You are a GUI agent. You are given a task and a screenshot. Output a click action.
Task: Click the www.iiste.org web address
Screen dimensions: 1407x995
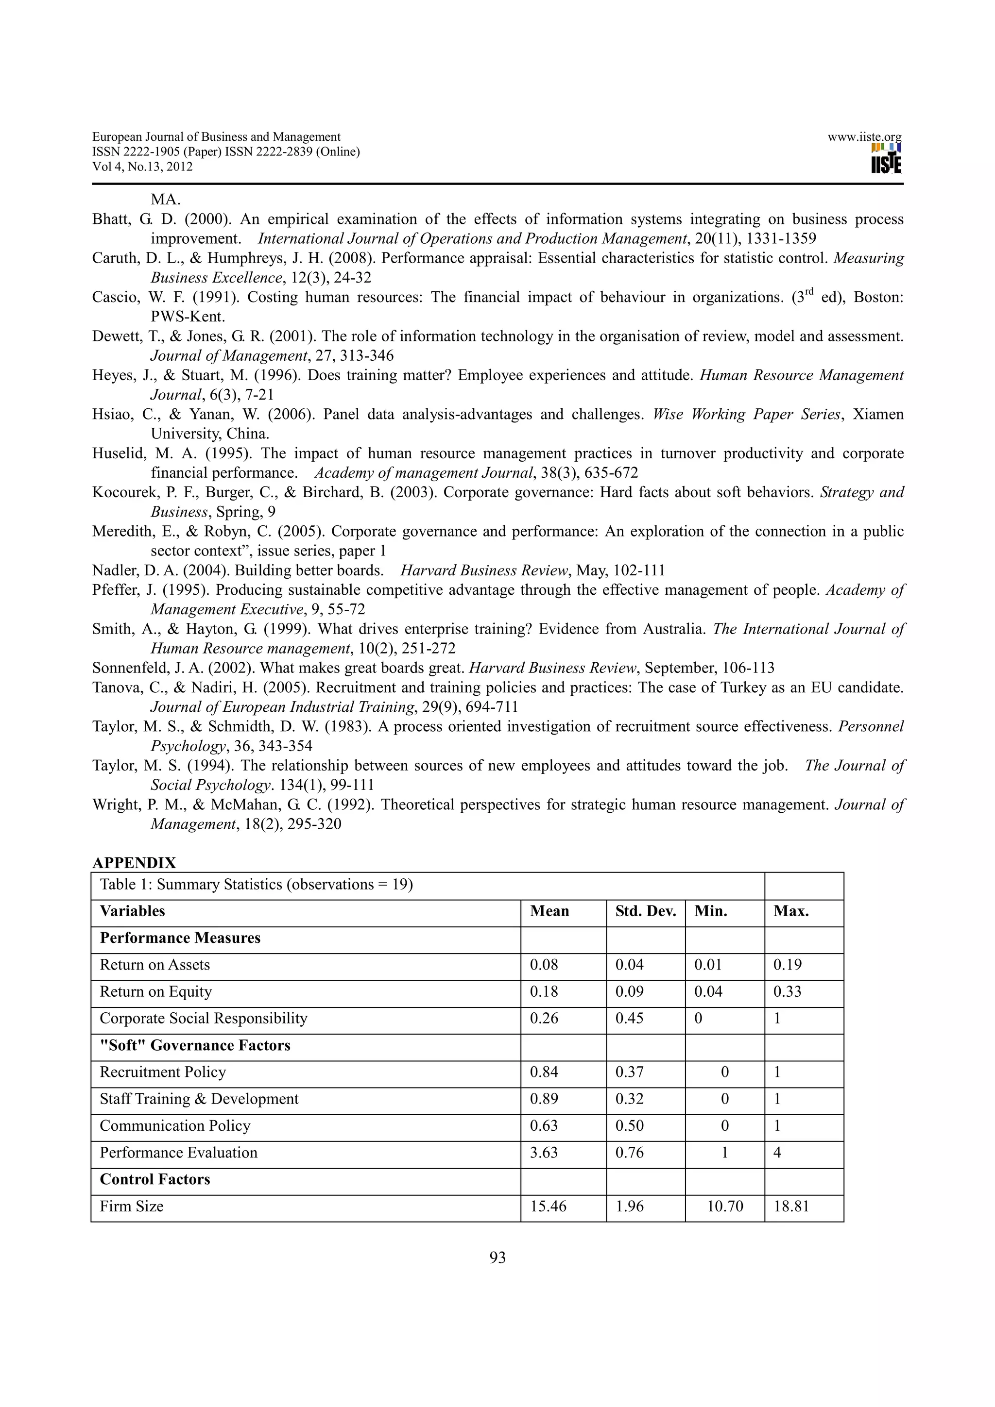tap(864, 137)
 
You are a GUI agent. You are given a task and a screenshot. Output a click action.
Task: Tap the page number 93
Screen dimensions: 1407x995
tap(497, 1257)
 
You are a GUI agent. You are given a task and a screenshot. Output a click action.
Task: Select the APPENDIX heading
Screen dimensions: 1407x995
tap(134, 863)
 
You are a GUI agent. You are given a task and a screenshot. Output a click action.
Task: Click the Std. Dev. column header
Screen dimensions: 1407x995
tap(645, 911)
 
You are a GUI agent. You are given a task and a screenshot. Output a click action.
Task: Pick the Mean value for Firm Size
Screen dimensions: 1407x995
tap(548, 1206)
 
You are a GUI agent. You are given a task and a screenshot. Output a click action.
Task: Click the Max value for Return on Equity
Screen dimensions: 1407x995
tap(787, 991)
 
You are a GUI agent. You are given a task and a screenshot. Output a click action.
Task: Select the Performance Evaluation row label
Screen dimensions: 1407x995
tap(178, 1153)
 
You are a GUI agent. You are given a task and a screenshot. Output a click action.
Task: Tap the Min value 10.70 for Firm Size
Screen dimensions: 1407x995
tap(725, 1206)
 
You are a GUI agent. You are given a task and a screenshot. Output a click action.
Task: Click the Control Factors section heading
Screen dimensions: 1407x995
tap(154, 1179)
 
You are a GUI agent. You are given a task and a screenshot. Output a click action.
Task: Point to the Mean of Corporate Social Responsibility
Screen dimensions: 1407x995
tap(544, 1019)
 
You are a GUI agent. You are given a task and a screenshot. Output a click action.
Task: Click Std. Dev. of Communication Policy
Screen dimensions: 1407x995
tap(629, 1126)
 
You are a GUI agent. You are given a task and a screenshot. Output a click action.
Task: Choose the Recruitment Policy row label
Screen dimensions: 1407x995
tap(162, 1072)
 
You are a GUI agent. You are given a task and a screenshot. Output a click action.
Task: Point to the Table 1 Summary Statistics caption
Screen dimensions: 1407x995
tap(256, 884)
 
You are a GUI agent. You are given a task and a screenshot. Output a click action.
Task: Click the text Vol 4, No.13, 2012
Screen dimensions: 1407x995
tap(142, 167)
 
